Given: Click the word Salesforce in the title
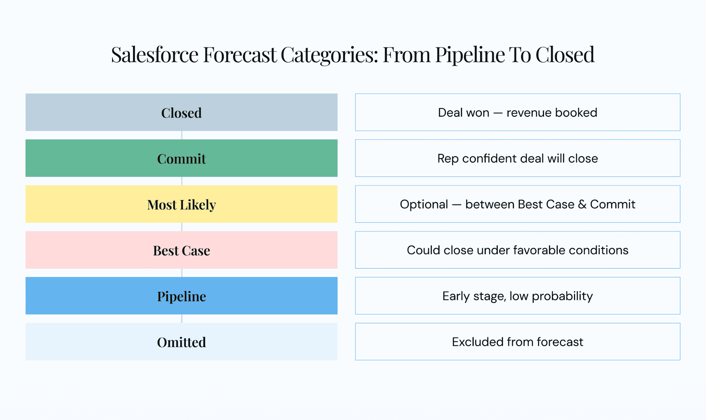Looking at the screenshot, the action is coord(155,55).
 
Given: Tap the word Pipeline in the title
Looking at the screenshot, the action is coord(470,55).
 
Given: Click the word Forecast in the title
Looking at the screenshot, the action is coord(240,55).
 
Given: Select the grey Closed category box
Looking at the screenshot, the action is coord(181,112).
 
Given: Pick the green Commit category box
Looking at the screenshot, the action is coord(181,158).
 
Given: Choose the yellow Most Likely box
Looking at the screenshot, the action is coord(181,204).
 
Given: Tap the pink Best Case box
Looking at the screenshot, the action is coord(181,250).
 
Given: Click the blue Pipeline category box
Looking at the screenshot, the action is coord(181,296).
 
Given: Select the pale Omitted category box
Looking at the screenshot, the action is coord(181,341).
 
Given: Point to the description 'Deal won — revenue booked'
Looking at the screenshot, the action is coord(517,113).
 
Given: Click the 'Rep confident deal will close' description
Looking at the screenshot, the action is coord(517,158).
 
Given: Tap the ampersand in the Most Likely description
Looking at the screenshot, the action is coord(582,204).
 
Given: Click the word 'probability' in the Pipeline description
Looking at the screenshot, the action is coord(562,296).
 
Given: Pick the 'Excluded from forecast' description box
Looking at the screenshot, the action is coord(517,341).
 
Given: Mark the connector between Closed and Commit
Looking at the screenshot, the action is coord(182,135).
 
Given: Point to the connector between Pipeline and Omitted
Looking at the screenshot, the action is coord(182,319).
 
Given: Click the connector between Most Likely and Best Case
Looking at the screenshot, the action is coord(182,227).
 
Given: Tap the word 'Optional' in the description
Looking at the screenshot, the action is coord(424,205).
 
